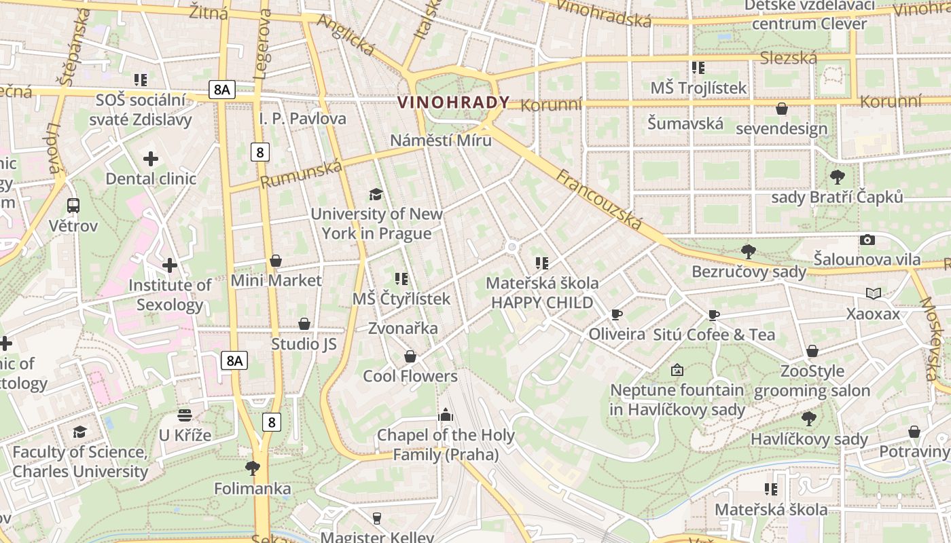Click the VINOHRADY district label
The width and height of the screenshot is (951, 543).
point(453,102)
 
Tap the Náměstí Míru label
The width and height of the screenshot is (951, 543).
point(440,141)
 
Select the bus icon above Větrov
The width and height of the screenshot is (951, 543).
point(73,206)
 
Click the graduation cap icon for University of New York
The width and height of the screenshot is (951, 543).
point(376,195)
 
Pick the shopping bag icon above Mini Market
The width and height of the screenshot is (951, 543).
point(276,261)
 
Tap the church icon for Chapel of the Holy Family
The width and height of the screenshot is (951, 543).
point(446,415)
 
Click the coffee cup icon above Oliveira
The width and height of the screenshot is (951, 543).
point(616,314)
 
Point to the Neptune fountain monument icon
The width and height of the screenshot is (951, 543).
point(677,370)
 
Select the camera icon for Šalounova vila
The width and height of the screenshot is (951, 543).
point(867,240)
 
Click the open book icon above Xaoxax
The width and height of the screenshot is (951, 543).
point(873,294)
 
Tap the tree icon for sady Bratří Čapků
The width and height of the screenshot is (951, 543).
point(837,177)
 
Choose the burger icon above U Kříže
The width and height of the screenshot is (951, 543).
point(185,415)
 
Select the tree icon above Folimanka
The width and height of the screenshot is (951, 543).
point(253,468)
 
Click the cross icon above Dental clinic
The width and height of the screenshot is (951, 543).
point(151,160)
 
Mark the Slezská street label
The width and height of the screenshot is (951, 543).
point(788,58)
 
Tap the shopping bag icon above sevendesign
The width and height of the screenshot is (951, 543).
point(781,109)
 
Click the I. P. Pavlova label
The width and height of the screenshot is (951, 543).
point(302,119)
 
